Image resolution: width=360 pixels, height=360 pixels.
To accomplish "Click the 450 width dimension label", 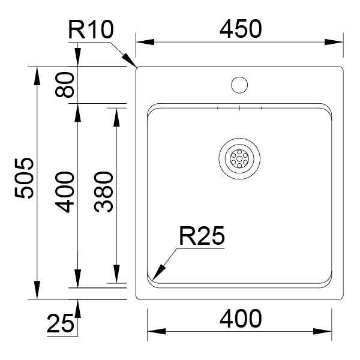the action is coord(241,29).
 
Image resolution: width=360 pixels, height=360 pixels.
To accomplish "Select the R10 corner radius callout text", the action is coord(91,29).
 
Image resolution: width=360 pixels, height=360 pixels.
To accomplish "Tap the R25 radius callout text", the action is coord(202,236).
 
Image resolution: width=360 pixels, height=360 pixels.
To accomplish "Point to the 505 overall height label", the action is coord(24,178).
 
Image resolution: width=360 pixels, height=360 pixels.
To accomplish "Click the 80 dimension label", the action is coord(65,85).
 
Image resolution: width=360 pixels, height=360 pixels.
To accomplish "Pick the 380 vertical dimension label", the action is coord(104,192).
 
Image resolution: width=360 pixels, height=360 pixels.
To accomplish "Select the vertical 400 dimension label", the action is coord(65,192).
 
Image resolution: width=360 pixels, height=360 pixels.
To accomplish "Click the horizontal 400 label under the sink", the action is coord(241,319).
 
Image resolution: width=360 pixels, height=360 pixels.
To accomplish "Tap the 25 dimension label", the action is coord(61,324).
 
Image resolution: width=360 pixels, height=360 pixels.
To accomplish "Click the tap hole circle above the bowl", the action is coord(239,85).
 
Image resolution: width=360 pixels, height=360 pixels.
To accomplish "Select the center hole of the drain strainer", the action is coord(239,158).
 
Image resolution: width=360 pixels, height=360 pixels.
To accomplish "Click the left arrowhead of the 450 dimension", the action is coord(145,42).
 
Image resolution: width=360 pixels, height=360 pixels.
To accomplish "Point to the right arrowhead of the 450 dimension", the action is coord(334,42).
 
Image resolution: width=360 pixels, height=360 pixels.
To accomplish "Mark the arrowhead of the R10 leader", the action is coord(130,60).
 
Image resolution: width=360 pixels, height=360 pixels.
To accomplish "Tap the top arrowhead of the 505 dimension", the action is coord(37,76).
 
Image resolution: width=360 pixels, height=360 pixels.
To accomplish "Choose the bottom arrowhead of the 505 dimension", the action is coord(37,290).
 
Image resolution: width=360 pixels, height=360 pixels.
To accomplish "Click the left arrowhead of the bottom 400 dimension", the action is coord(157,331).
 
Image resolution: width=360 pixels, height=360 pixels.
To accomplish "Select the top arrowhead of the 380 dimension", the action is coord(116,118).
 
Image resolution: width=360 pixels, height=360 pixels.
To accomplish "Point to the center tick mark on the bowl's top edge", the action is coord(239,108).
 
